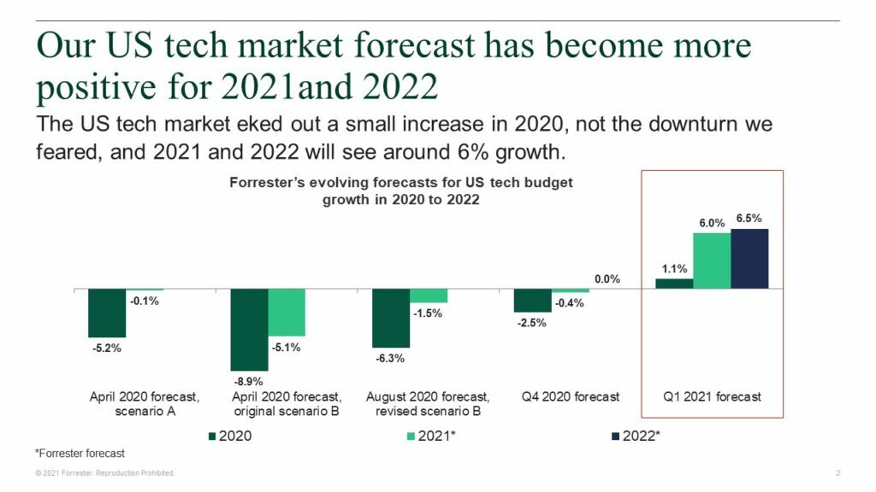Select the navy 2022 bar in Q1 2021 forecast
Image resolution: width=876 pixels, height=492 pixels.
[x=749, y=259]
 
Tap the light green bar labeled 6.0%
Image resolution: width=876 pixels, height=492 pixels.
[x=712, y=261]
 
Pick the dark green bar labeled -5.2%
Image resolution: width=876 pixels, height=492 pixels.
[x=107, y=313]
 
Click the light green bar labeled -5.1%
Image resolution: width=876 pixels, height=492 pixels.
[x=287, y=313]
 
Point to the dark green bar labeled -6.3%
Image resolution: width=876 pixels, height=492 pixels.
[x=391, y=318]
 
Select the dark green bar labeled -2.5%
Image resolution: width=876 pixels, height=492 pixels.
[x=532, y=300]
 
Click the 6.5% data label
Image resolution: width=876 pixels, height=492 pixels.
[x=750, y=219]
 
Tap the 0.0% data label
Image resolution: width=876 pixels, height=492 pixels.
[x=607, y=279]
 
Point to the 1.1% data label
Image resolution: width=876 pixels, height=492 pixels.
[x=673, y=268]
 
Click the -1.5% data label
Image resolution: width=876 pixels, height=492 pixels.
[x=428, y=313]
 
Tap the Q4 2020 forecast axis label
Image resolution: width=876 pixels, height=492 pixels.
[x=570, y=397]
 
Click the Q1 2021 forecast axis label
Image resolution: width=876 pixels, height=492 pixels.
[x=712, y=397]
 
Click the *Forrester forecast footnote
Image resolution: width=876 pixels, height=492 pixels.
[x=80, y=453]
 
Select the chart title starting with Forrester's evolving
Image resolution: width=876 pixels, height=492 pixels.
[x=401, y=190]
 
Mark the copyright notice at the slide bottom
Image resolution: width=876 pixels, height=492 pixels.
[x=104, y=472]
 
